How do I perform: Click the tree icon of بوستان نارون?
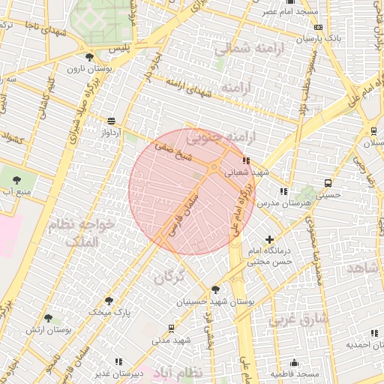coord(90,57)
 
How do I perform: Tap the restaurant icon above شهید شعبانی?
coord(245,160)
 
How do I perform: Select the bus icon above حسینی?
coord(328,183)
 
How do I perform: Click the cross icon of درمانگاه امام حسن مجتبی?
coord(269,239)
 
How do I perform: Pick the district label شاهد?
coord(366,268)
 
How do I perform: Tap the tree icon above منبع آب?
coord(16,180)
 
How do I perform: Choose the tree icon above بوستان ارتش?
coord(49,319)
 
